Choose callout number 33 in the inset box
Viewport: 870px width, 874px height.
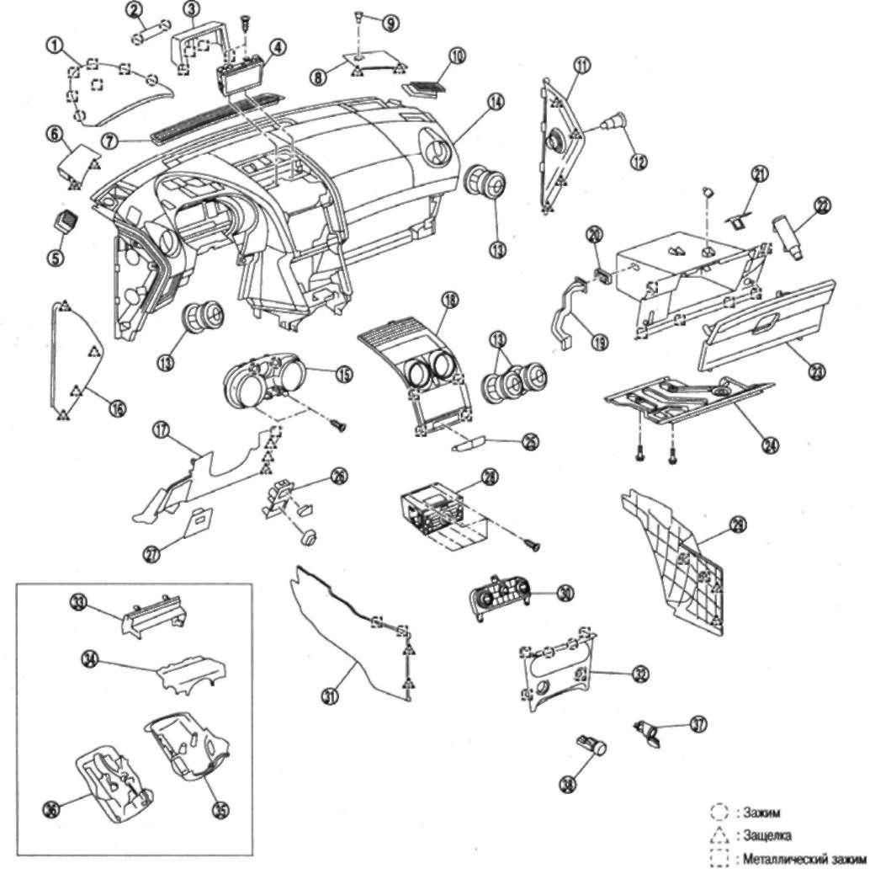click(78, 602)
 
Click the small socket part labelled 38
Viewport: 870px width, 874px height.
click(591, 745)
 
